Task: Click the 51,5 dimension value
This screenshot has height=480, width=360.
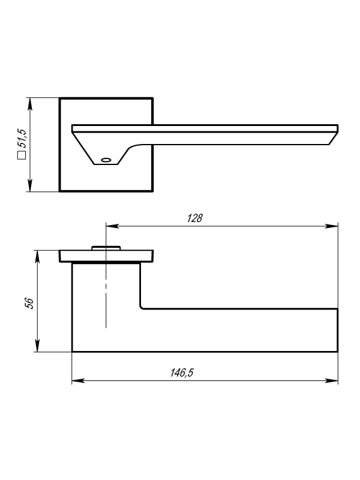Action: [x=22, y=138]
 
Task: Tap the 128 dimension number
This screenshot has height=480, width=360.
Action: [x=194, y=218]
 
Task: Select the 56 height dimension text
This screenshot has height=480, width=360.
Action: [x=29, y=303]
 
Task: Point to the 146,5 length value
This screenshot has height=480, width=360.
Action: [x=182, y=373]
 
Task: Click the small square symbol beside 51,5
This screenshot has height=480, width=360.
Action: [x=22, y=155]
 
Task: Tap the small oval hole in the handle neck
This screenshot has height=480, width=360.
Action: [x=106, y=160]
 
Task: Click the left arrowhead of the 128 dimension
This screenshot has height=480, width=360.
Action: [x=112, y=226]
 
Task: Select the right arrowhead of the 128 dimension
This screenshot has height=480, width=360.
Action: [x=332, y=226]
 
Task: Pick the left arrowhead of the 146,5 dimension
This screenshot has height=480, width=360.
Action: [x=78, y=381]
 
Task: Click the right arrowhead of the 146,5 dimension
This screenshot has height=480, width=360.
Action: [x=332, y=381]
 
